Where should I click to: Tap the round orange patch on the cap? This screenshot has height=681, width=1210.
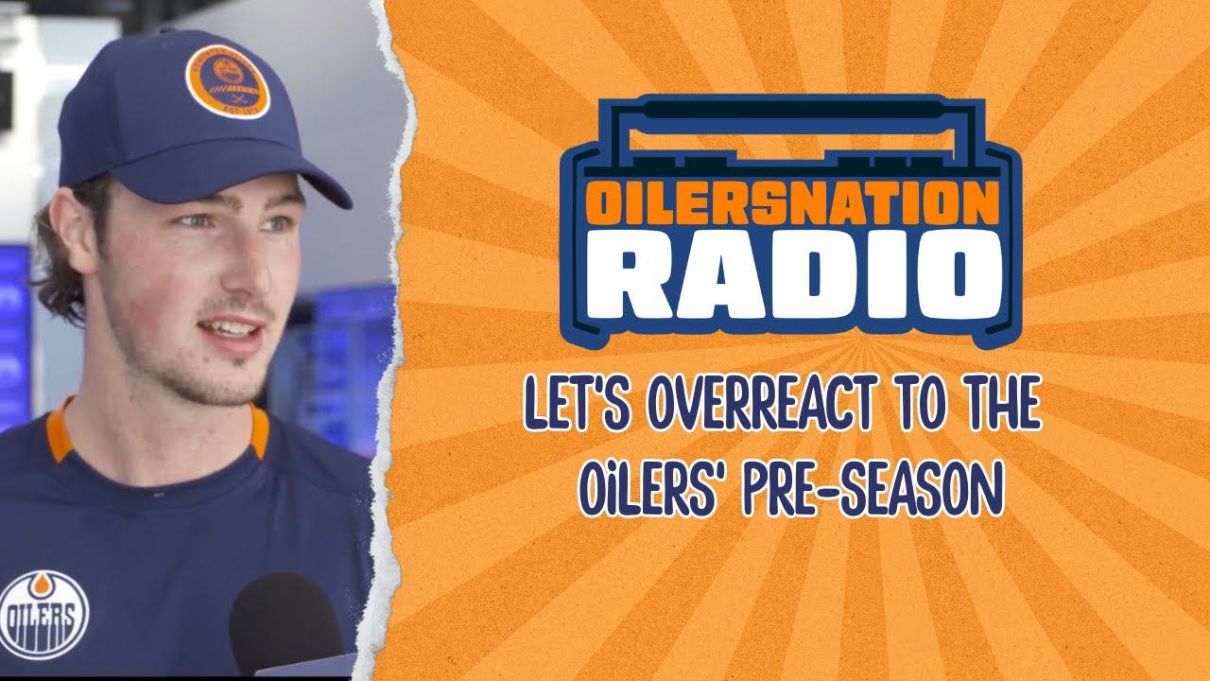227,81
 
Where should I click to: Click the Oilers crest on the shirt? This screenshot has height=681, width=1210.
43,615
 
